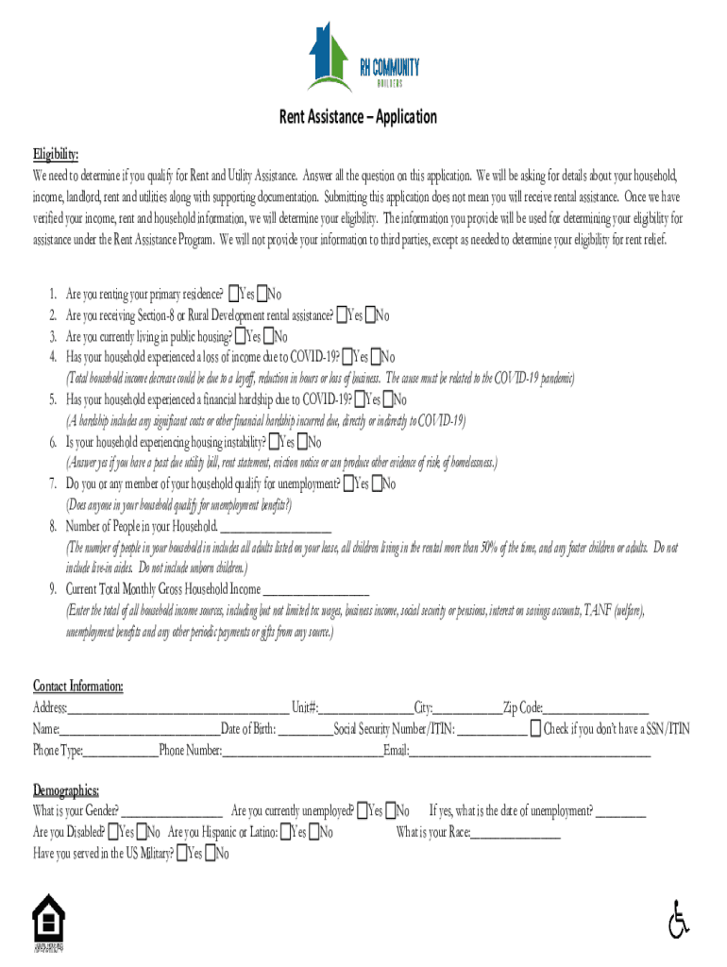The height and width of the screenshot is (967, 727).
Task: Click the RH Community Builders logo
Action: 363,59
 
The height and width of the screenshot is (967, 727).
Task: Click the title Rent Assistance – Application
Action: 357,117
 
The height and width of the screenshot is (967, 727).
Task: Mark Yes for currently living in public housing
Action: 241,336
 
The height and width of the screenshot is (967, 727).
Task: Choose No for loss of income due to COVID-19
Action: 376,357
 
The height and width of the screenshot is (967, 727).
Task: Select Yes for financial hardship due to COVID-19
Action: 359,399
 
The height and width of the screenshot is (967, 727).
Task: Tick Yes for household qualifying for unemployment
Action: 349,484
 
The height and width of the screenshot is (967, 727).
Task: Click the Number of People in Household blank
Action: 276,527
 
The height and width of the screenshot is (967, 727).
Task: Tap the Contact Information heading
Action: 77,686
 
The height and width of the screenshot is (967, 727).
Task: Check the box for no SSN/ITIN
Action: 535,728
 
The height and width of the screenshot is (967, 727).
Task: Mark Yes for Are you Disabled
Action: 113,833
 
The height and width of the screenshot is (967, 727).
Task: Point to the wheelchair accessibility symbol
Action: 677,920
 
